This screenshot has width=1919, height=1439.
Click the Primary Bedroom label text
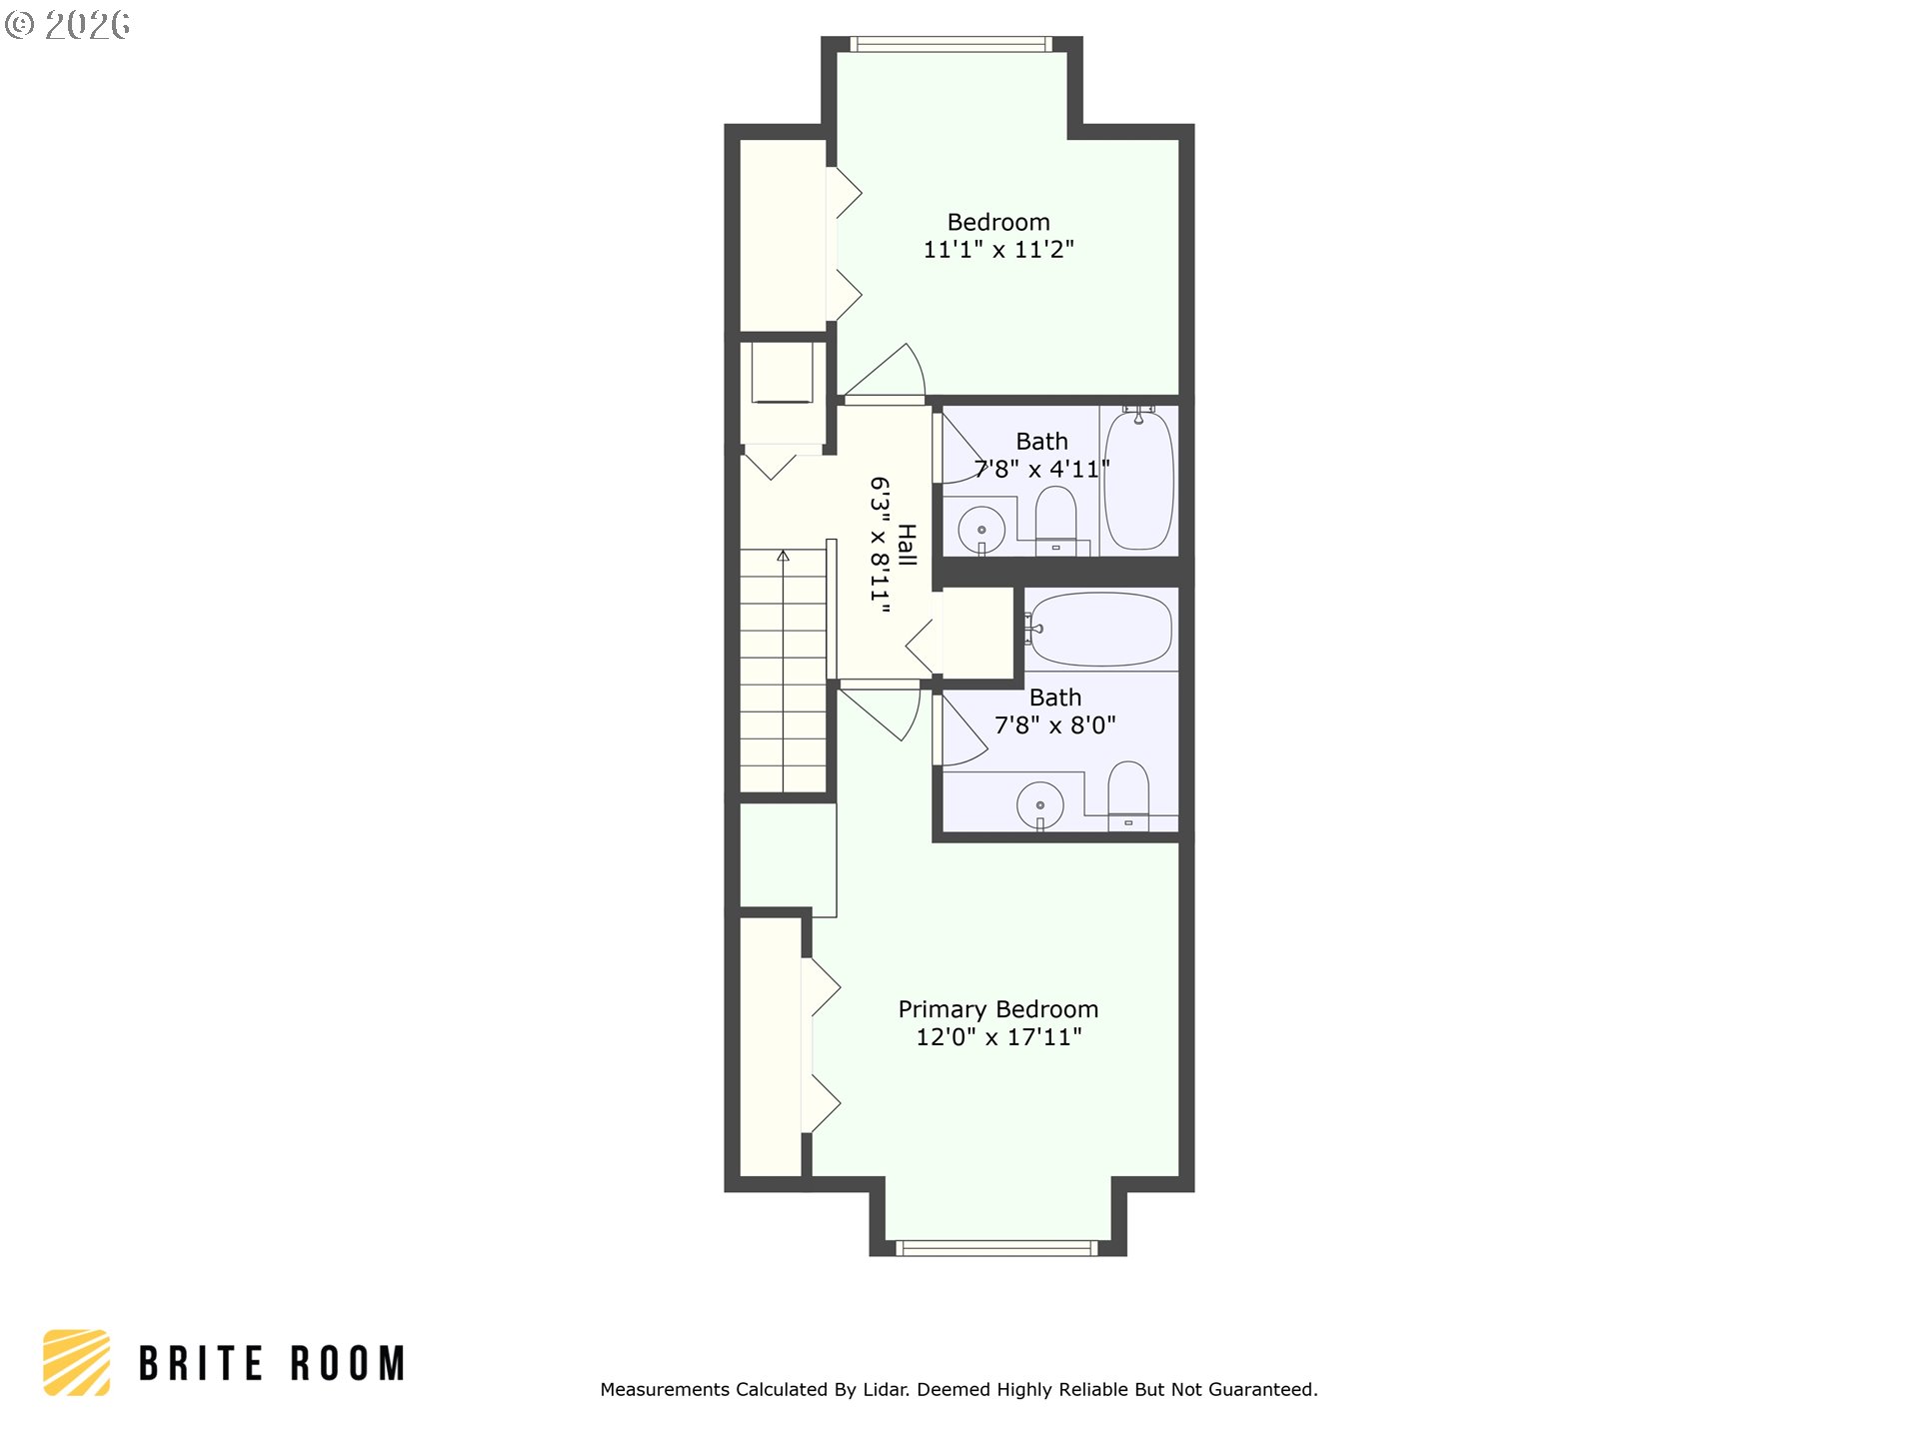(x=997, y=1010)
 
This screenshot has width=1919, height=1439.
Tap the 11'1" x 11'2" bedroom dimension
(x=998, y=250)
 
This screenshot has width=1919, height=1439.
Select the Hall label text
(x=907, y=545)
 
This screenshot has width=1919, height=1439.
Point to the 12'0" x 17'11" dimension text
(x=998, y=1037)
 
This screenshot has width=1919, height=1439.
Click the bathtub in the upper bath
(x=1138, y=479)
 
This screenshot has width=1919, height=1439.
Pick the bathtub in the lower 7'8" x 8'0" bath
(x=1099, y=630)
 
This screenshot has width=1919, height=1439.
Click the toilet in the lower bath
(x=1128, y=795)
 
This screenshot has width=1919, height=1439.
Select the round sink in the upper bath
(x=981, y=530)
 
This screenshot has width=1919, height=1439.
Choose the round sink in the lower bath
(x=1040, y=804)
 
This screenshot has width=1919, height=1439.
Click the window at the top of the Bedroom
(x=951, y=44)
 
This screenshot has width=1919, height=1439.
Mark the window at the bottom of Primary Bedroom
(x=996, y=1247)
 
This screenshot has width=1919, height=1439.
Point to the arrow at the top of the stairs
(x=784, y=556)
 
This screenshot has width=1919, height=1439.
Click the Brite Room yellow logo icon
(x=77, y=1362)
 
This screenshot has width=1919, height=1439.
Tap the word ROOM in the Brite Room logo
(x=348, y=1363)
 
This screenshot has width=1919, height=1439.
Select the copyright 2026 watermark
(x=67, y=25)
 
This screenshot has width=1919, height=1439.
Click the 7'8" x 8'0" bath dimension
(x=1054, y=725)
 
